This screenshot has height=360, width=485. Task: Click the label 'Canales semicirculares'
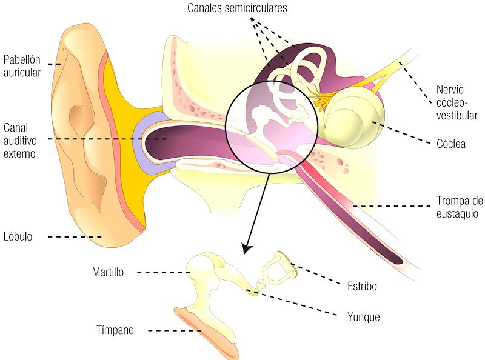pyautogui.click(x=237, y=8)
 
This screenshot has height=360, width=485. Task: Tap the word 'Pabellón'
pyautogui.click(x=22, y=59)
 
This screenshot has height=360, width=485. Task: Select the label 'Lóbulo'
pyautogui.click(x=18, y=236)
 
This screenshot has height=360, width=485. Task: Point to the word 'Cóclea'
pyautogui.click(x=451, y=144)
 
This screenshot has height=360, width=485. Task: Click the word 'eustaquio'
pyautogui.click(x=458, y=214)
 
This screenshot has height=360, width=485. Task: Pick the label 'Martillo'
pyautogui.click(x=108, y=272)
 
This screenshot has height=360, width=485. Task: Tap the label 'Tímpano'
pyautogui.click(x=115, y=330)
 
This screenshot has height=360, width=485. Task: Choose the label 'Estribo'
pyautogui.click(x=362, y=286)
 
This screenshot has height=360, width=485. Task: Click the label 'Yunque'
pyautogui.click(x=363, y=317)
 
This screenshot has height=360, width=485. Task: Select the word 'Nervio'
pyautogui.click(x=450, y=90)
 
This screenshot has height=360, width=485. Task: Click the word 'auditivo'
pyautogui.click(x=20, y=141)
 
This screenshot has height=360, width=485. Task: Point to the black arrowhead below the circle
pyautogui.click(x=247, y=249)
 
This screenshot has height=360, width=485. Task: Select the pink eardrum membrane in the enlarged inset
pyautogui.click(x=206, y=333)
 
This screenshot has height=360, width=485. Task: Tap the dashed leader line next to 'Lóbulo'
pyautogui.click(x=75, y=237)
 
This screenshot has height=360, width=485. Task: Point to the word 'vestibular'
pyautogui.click(x=457, y=115)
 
